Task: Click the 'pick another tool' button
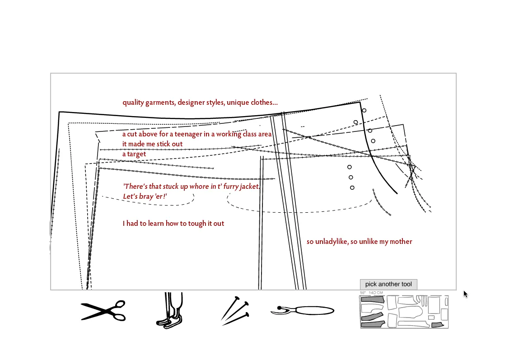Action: (388, 284)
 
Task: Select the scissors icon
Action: (103, 311)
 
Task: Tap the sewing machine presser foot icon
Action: (170, 310)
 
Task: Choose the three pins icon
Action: (235, 311)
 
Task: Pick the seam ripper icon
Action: (303, 310)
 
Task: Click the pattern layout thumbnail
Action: (404, 311)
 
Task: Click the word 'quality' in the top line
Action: (133, 103)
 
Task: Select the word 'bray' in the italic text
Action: (146, 196)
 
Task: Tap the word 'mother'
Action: (401, 242)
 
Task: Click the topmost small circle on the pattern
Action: (364, 111)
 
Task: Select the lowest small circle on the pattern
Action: (352, 188)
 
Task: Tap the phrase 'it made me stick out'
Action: (152, 144)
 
